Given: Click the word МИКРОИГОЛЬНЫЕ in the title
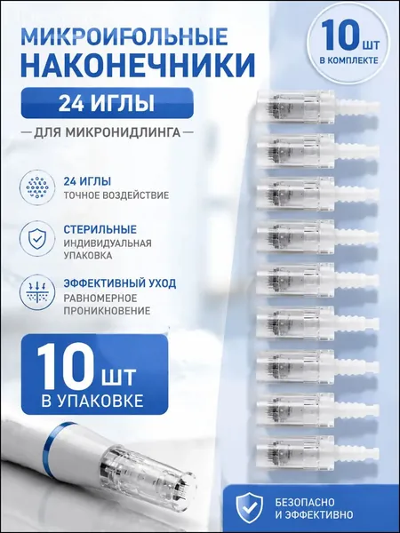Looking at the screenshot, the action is pyautogui.click(x=124, y=36).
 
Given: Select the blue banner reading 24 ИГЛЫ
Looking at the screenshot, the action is pyautogui.click(x=108, y=103).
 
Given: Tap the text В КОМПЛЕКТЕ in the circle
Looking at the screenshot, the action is pyautogui.click(x=348, y=60).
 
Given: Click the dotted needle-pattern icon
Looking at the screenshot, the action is pyautogui.click(x=37, y=187).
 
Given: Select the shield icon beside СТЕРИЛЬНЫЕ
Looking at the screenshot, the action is pyautogui.click(x=37, y=237).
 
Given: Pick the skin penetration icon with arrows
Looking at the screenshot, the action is pyautogui.click(x=37, y=292).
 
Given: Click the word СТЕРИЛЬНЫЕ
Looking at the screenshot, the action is pyautogui.click(x=100, y=229).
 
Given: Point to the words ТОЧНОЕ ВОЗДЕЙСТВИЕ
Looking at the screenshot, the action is pyautogui.click(x=116, y=195).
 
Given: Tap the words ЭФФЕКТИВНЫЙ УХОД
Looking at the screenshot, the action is pyautogui.click(x=120, y=283).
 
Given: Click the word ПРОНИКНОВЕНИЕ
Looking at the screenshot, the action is pyautogui.click(x=107, y=311).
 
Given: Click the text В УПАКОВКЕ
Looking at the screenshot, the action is pyautogui.click(x=92, y=402).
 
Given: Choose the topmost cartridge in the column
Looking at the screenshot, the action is pyautogui.click(x=317, y=105).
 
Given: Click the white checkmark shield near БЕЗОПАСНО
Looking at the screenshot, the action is pyautogui.click(x=249, y=508).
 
